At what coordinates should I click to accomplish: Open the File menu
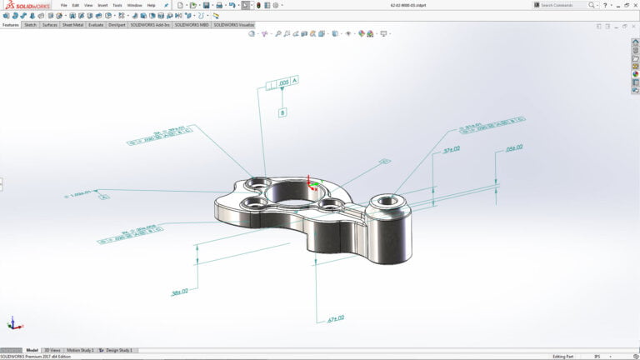[63, 5]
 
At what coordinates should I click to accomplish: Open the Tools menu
[117, 5]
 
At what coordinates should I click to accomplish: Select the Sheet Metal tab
[72, 25]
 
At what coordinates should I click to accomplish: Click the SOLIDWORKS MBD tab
[192, 25]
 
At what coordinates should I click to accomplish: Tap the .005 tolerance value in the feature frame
[283, 83]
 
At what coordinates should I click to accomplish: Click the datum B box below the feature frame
[282, 112]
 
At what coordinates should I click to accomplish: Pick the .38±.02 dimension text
[179, 292]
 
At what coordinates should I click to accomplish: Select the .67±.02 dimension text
[336, 317]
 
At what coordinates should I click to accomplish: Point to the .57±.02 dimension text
[452, 149]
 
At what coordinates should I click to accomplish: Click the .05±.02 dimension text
[514, 147]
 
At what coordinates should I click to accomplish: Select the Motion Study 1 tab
[80, 350]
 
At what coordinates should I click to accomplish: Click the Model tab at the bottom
[32, 350]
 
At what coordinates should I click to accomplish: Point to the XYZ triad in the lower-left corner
[12, 323]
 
